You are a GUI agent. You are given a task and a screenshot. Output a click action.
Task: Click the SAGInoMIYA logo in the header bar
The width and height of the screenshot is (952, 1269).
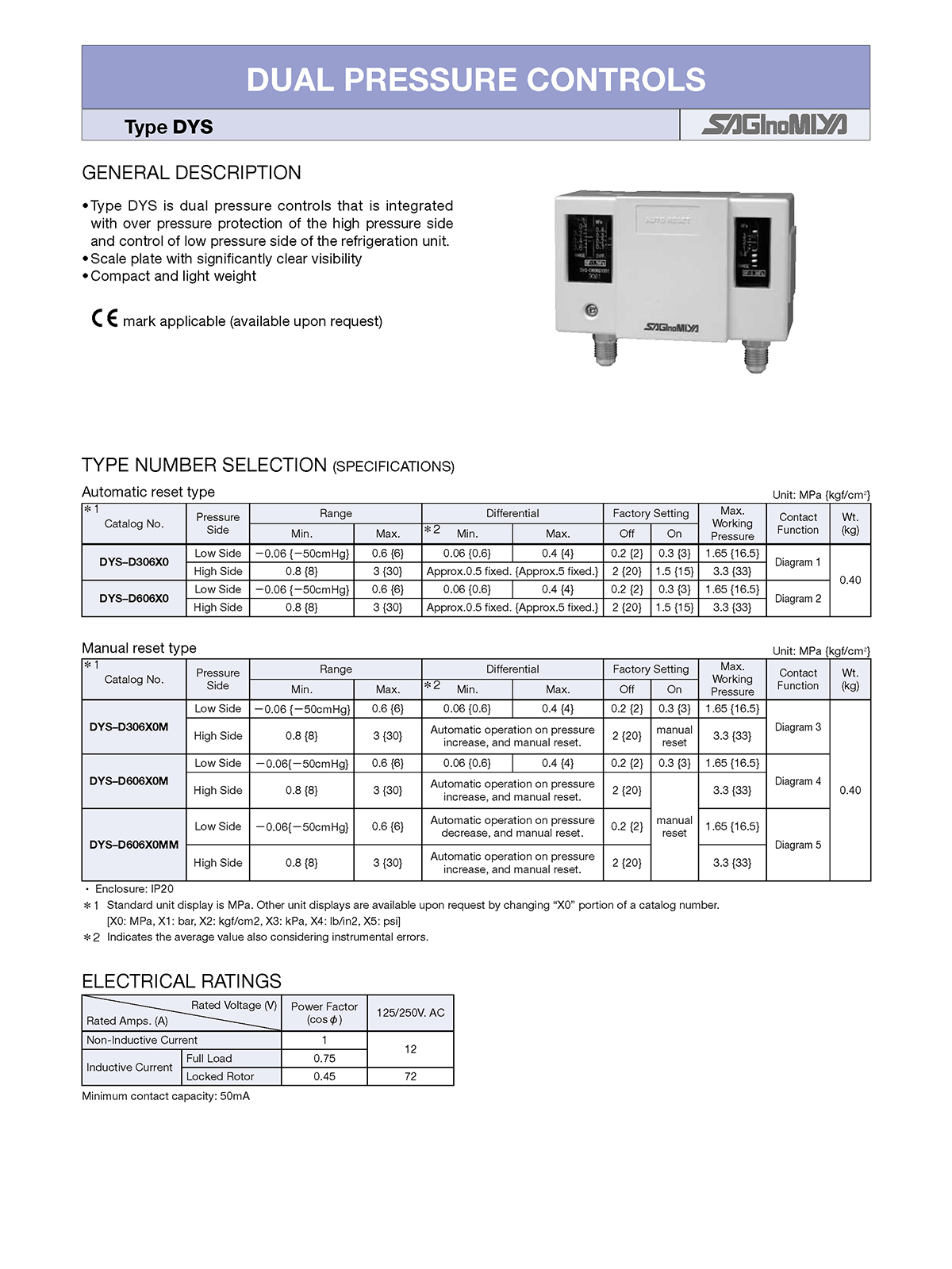click(774, 125)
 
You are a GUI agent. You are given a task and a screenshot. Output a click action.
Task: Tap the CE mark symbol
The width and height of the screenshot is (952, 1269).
click(105, 319)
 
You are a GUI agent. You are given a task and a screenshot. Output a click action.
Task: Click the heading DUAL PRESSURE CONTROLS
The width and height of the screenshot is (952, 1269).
click(476, 79)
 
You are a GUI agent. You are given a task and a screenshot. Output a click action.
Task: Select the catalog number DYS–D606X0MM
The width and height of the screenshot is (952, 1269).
click(134, 845)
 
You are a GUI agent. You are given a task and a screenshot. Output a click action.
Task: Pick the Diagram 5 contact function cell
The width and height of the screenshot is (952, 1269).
click(797, 845)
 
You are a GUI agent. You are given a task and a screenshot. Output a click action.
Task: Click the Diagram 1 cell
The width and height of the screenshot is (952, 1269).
click(797, 562)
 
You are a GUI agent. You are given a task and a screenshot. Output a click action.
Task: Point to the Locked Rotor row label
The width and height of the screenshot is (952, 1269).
click(220, 1077)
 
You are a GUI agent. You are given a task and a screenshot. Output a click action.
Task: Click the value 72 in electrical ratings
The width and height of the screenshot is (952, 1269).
click(410, 1077)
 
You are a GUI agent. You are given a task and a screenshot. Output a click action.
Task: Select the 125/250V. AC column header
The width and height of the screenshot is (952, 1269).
click(410, 1013)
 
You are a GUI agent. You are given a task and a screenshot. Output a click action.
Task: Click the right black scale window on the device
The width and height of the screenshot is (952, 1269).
click(751, 252)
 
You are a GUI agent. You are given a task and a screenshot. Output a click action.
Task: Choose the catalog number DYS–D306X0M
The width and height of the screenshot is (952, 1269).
click(129, 727)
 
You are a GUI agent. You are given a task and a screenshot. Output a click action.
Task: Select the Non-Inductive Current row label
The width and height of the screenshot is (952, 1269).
click(142, 1041)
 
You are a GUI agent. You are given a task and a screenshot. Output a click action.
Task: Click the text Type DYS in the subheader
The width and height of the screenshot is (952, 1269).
click(168, 127)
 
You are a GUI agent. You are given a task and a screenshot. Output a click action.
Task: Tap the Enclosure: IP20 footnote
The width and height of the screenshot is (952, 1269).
click(133, 889)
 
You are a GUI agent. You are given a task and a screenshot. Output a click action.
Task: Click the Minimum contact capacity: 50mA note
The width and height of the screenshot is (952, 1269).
click(166, 1096)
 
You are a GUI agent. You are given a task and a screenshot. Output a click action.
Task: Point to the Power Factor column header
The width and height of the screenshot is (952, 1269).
click(324, 1013)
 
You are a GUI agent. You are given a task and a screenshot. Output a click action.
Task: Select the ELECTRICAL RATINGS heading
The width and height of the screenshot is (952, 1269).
click(182, 981)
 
